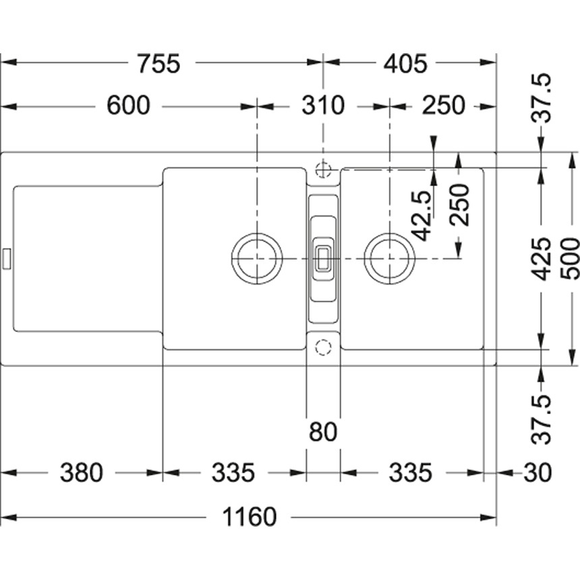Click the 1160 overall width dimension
pyautogui.click(x=250, y=518)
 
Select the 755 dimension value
pyautogui.click(x=158, y=64)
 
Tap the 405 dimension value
pyautogui.click(x=405, y=64)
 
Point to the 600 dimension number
pyautogui.click(x=127, y=106)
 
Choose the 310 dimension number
pyautogui.click(x=322, y=106)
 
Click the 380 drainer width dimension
pyautogui.click(x=82, y=473)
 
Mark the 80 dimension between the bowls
pyautogui.click(x=322, y=432)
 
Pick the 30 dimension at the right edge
pyautogui.click(x=538, y=473)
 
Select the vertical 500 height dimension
pyautogui.click(x=571, y=258)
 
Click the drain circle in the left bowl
pyautogui.click(x=256, y=258)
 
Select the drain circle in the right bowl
pyautogui.click(x=388, y=258)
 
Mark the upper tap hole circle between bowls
pyautogui.click(x=324, y=167)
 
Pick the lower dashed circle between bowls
pyautogui.click(x=324, y=347)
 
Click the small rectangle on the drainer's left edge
pyautogui.click(x=7, y=258)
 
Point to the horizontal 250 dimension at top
pyautogui.click(x=444, y=106)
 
